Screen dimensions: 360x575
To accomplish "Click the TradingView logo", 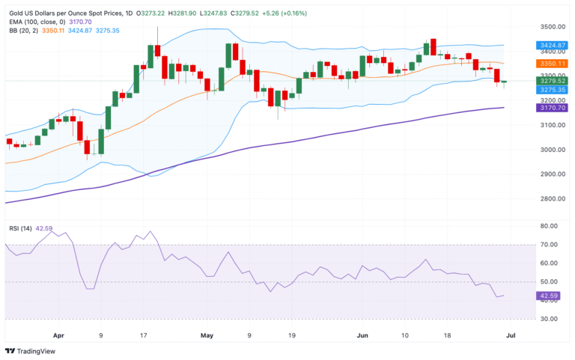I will [31, 351].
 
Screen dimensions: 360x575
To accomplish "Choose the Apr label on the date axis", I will [58, 337].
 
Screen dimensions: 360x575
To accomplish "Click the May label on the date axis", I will [208, 337].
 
